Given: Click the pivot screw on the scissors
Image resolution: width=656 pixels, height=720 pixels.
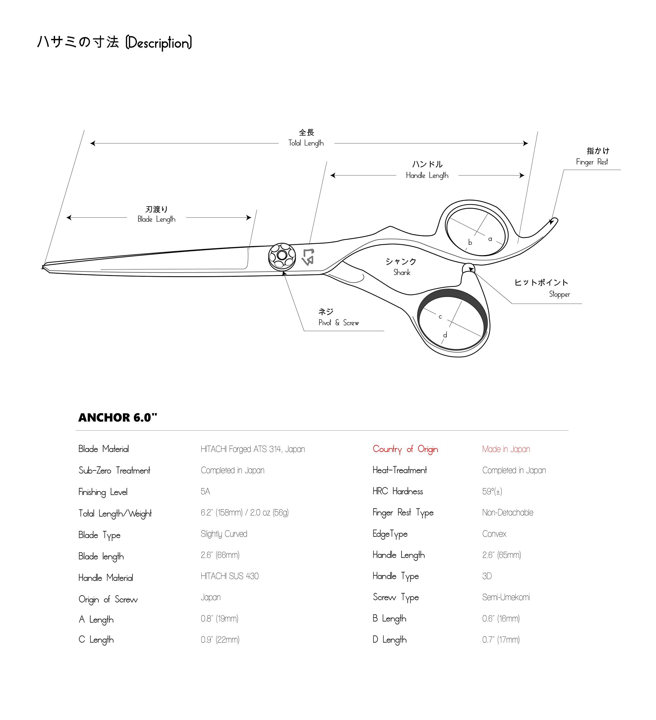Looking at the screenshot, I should coord(282,256).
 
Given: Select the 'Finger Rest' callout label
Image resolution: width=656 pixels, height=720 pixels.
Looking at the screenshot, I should coord(592,162).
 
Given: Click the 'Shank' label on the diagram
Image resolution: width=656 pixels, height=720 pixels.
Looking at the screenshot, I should coord(402,272).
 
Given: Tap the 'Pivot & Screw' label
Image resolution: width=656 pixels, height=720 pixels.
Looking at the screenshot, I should coord(339,323).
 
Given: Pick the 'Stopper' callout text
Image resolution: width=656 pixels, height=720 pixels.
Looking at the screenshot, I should coord(559,294).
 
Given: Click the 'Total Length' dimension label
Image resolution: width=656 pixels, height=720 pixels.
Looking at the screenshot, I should coord(306,143).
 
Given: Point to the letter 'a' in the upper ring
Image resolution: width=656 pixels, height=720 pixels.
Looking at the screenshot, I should coord(490,239).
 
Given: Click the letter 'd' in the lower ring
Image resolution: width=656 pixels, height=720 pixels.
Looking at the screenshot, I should coord(445,335).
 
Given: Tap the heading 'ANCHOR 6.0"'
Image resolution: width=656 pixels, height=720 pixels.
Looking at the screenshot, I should coord(118,417).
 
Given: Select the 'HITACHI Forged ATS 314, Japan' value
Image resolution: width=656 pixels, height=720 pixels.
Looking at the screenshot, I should coord(253,449).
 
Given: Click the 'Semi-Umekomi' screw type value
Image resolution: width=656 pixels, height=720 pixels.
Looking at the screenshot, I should coord(506,597).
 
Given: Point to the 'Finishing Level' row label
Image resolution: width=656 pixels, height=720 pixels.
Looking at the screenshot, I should coord(103,492).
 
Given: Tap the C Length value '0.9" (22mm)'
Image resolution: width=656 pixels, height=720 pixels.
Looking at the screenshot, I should coord(220,639).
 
